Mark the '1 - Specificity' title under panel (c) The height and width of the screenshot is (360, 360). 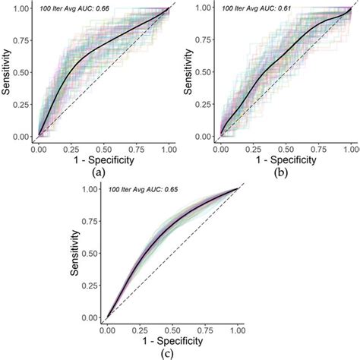(x=173, y=341)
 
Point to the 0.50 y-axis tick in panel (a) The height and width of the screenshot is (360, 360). (x=24, y=73)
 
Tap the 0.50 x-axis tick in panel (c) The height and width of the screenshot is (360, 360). (x=173, y=330)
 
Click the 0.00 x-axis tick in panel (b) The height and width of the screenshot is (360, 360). (x=220, y=150)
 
